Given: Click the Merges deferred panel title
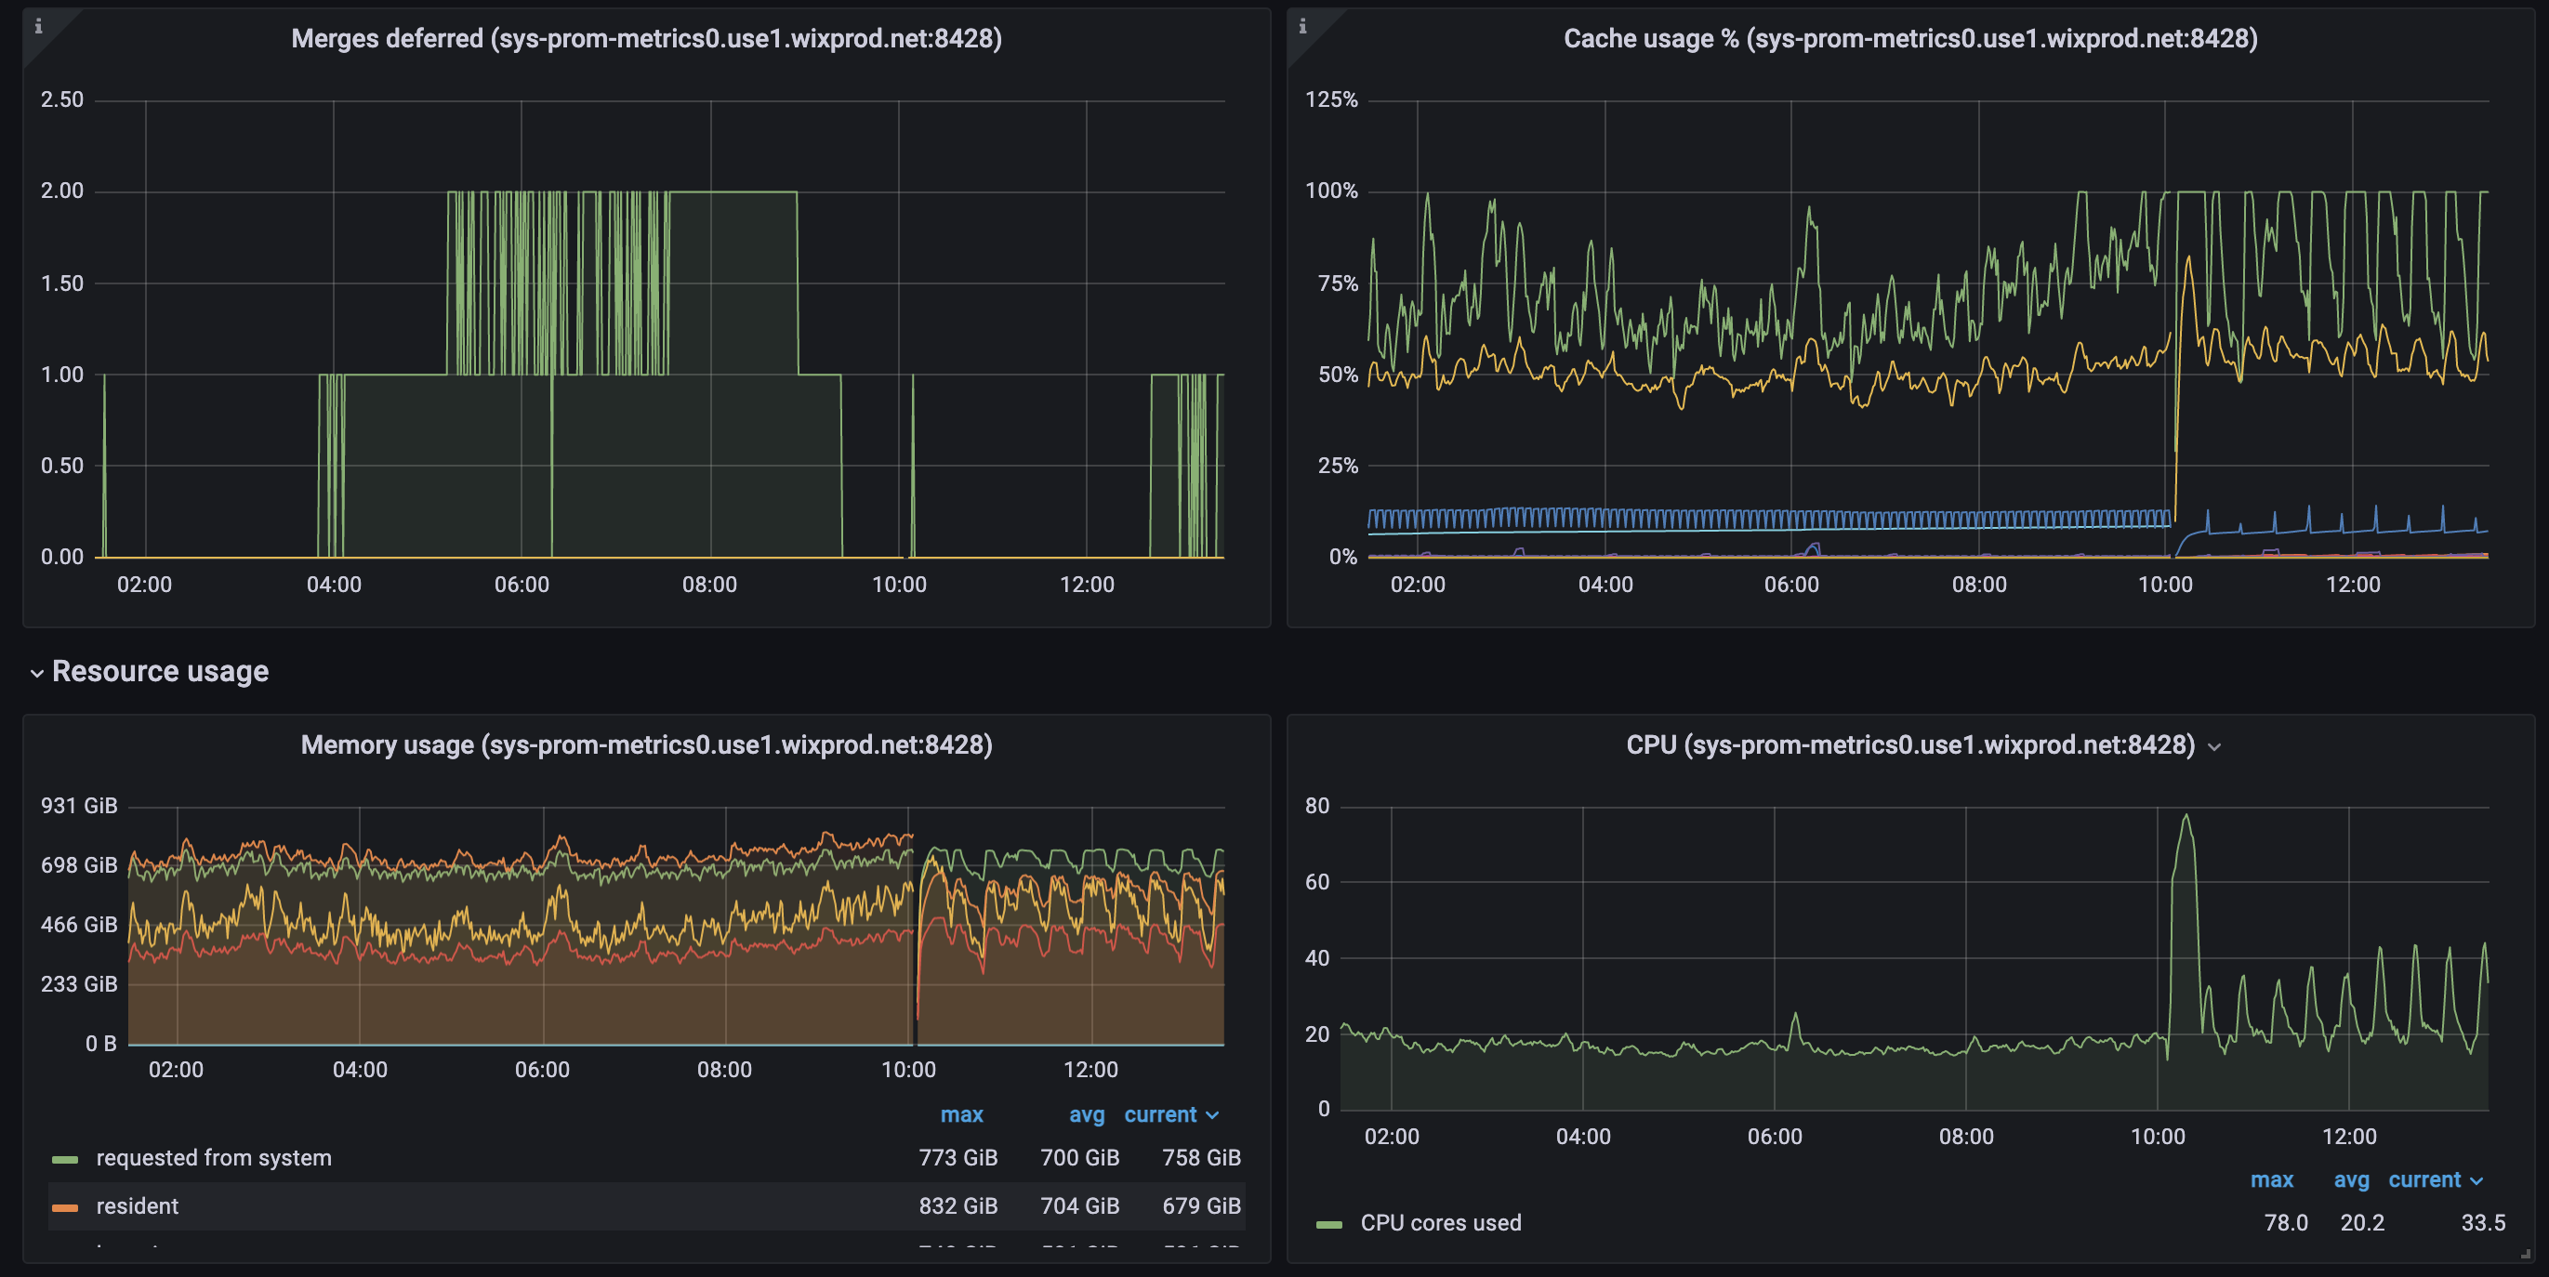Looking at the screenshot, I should [646, 39].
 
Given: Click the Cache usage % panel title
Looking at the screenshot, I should [1909, 39].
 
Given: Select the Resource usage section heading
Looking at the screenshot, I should [159, 672].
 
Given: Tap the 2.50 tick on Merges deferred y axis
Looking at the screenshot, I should [61, 99].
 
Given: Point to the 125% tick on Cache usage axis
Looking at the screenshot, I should [1331, 99].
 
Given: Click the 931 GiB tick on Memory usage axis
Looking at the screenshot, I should [78, 806].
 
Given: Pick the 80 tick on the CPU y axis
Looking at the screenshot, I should [1316, 806].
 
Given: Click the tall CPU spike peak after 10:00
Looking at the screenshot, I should [2186, 817].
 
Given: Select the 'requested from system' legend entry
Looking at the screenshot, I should [213, 1158].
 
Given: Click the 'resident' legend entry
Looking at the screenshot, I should [137, 1206].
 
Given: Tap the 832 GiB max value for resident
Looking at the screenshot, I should [957, 1206].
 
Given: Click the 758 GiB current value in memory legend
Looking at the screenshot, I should [1200, 1158].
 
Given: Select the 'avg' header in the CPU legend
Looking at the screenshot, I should [2351, 1181].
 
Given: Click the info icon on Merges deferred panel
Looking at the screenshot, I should [39, 27].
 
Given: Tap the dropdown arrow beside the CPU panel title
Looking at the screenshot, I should [2214, 748].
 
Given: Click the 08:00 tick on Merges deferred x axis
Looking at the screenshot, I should [709, 586].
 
